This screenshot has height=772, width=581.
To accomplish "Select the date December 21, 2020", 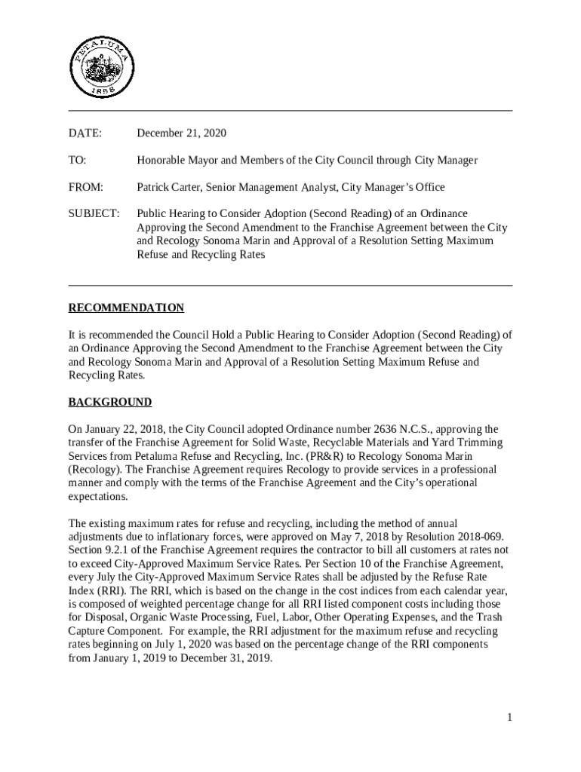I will [x=181, y=133].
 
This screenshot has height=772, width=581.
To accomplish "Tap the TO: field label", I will [x=77, y=161].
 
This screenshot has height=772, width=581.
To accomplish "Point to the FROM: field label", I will [x=85, y=187].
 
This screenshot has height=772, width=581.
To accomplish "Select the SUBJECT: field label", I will [x=94, y=213].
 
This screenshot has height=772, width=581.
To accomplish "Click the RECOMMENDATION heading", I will [x=126, y=308].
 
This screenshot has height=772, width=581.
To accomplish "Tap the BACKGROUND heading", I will [x=110, y=402].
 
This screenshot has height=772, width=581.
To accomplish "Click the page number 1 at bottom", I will [x=510, y=717].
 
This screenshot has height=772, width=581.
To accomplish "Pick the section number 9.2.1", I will [x=121, y=550].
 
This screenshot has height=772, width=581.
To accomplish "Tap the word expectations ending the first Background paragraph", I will [x=98, y=497].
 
